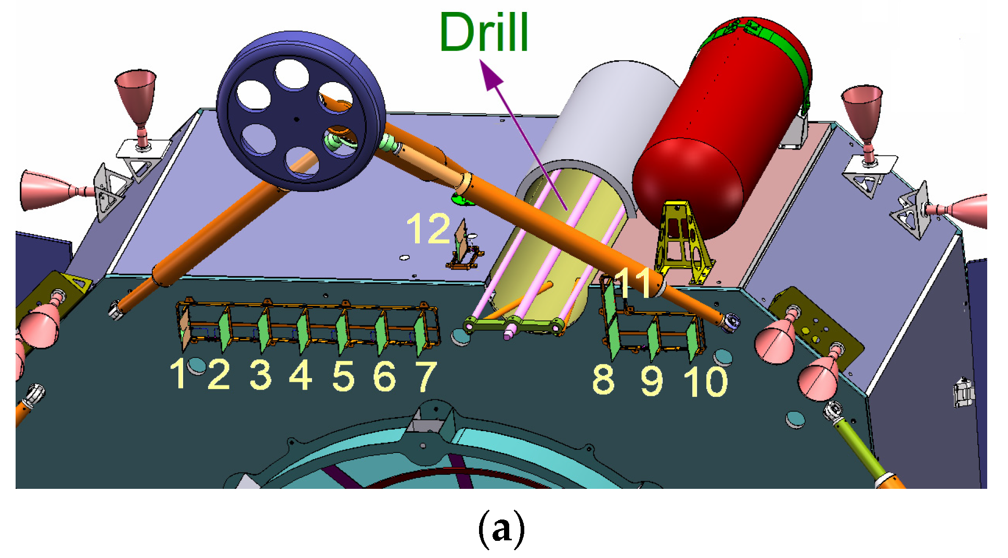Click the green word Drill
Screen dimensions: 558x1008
(x=484, y=32)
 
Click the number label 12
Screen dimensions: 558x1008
(x=428, y=229)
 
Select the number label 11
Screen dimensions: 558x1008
(x=632, y=283)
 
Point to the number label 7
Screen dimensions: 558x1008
(x=426, y=376)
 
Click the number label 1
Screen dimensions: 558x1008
(x=179, y=374)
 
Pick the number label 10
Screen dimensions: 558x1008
(x=706, y=382)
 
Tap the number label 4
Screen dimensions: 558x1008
(x=301, y=375)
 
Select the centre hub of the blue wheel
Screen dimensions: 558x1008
(x=296, y=119)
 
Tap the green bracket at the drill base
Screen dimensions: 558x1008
(x=515, y=326)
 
